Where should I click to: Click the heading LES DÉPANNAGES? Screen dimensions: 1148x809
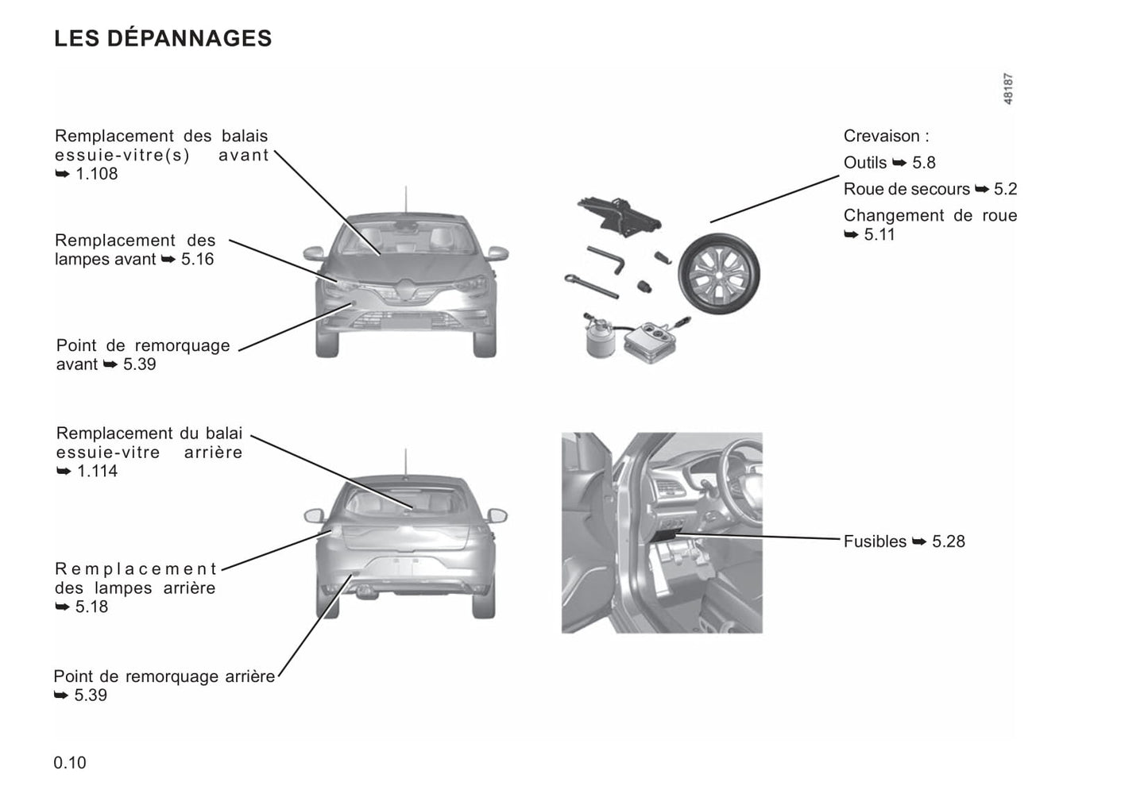tap(163, 38)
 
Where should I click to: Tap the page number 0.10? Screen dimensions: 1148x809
tap(70, 762)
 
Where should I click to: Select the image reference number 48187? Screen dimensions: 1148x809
tap(1007, 89)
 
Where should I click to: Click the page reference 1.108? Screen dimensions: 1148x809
tap(97, 174)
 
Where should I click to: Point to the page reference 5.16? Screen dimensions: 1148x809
tap(197, 259)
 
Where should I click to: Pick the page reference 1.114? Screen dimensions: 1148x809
tap(98, 471)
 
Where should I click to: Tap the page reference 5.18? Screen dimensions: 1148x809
tap(91, 607)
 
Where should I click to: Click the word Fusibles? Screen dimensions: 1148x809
tap(875, 541)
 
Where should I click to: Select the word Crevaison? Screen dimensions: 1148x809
tap(882, 136)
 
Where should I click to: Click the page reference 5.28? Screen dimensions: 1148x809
tap(948, 541)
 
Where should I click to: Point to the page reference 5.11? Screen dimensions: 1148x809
tap(879, 234)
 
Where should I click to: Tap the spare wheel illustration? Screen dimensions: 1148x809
tap(719, 273)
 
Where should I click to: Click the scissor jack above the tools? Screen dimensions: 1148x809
tap(619, 216)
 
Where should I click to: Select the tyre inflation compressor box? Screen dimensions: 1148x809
tap(650, 341)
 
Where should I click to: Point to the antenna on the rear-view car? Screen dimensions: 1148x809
tap(405, 463)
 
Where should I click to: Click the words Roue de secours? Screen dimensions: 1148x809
tap(906, 189)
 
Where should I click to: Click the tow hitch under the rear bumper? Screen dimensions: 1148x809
tap(365, 591)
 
